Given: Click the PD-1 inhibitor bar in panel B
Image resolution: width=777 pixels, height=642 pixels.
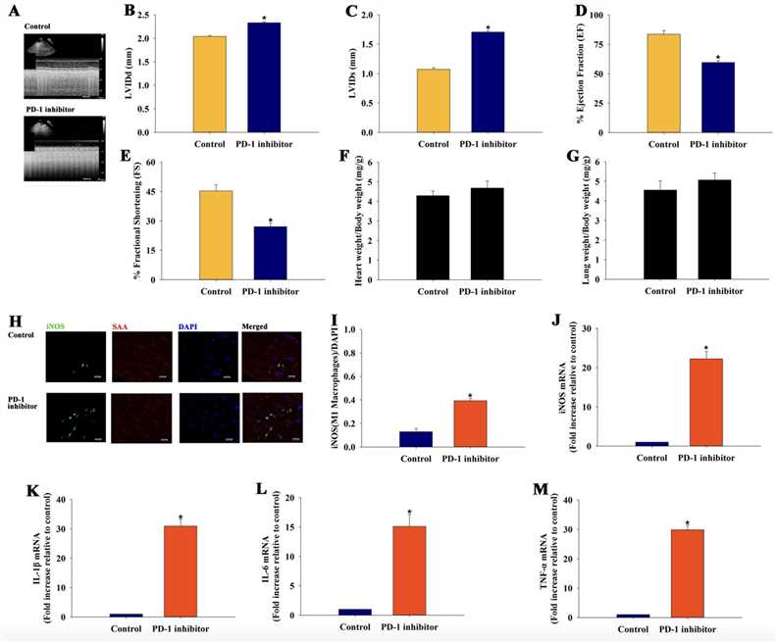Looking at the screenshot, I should (x=264, y=77).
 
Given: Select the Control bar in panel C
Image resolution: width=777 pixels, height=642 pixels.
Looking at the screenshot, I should (x=433, y=101).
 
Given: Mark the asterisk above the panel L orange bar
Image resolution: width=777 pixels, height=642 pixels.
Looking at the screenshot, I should (x=409, y=513).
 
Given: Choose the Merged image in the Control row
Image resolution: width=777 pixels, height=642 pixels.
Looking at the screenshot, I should (x=265, y=361).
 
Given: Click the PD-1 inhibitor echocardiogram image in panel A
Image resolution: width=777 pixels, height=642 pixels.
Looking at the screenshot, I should (x=67, y=149).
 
